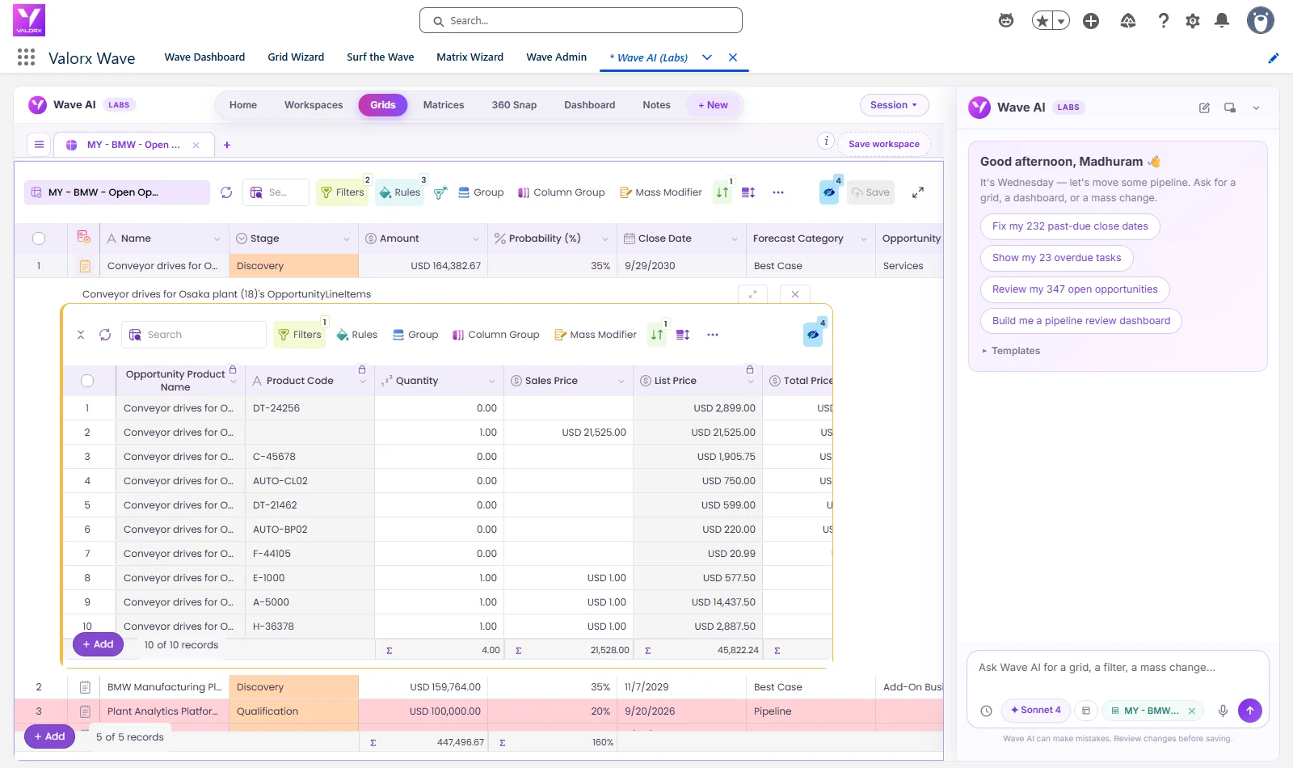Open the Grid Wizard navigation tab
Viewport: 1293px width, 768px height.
[x=296, y=57]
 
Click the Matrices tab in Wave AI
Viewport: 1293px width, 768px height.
[x=444, y=105]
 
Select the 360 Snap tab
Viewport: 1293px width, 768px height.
[x=514, y=105]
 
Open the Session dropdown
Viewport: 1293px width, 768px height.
[x=894, y=105]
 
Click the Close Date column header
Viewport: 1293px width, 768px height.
[x=664, y=238]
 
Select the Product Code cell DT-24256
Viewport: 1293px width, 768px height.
[x=276, y=407]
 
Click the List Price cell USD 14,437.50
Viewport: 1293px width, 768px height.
[x=723, y=601]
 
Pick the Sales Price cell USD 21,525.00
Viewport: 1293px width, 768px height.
[x=593, y=432]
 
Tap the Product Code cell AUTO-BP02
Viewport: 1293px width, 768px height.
[x=280, y=529]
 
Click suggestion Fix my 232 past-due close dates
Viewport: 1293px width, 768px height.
[x=1070, y=226]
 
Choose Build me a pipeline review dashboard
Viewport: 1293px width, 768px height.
[x=1080, y=321]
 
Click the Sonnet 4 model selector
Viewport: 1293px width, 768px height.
[x=1035, y=711]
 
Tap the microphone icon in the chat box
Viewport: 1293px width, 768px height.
[x=1223, y=711]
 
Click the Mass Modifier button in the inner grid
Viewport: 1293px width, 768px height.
[x=595, y=335]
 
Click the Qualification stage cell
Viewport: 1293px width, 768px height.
[x=294, y=711]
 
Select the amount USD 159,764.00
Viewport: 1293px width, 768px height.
[x=445, y=687]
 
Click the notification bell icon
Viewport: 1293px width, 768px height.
[x=1221, y=21]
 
